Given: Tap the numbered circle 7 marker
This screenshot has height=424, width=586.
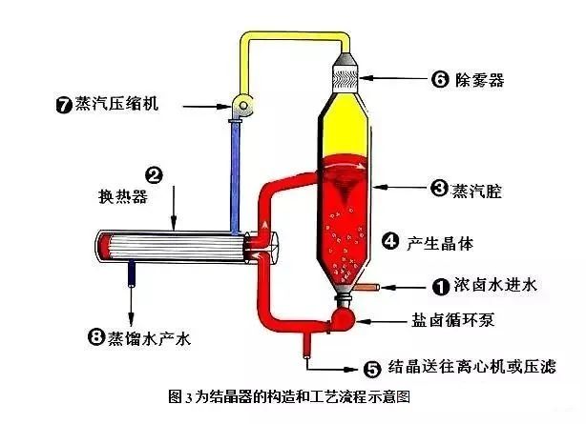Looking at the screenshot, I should [x=64, y=103].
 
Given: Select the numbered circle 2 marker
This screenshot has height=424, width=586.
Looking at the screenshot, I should [x=153, y=174].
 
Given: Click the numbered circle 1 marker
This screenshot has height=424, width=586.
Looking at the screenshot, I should [x=440, y=284].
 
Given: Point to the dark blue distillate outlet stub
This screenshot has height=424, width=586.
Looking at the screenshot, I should [x=133, y=274].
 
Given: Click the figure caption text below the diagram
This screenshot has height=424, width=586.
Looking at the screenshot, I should [x=293, y=394].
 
